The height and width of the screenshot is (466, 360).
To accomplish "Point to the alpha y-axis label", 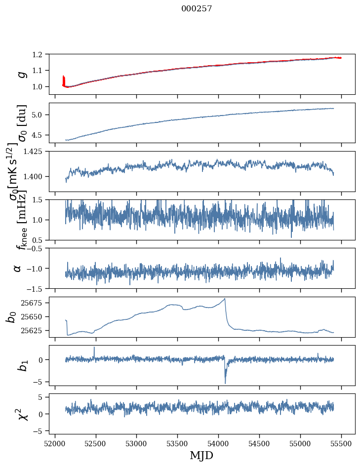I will click(18, 268).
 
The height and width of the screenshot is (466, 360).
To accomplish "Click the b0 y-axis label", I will click(11, 317).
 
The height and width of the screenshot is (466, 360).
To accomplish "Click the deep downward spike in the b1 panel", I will click(225, 382).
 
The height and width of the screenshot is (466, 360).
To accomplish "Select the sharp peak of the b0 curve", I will click(225, 299).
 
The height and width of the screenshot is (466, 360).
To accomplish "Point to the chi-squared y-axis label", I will click(23, 414).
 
